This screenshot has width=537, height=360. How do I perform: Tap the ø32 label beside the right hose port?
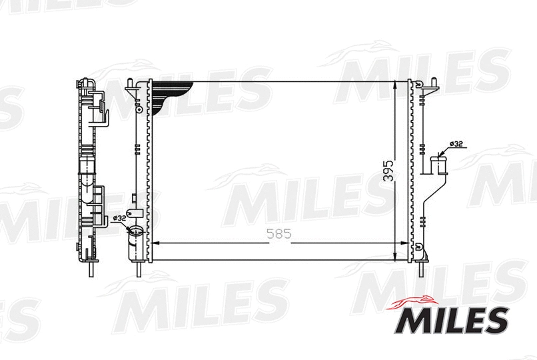(456, 143)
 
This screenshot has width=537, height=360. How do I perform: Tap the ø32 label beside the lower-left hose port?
(119, 217)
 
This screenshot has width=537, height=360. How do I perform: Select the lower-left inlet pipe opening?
(135, 232)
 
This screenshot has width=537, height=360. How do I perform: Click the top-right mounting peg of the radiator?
(434, 83)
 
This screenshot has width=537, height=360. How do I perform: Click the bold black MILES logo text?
(453, 321)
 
